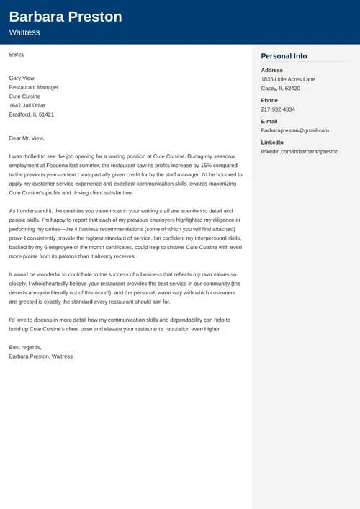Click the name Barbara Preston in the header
66,17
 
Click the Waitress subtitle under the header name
24,32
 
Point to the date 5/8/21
17,55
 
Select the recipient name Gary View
22,78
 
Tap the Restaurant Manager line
34,87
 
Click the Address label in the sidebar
272,70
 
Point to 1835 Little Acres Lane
288,79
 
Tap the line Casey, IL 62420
281,89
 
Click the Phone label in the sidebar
269,100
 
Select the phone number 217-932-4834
278,109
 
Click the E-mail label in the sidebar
269,121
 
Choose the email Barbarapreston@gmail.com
294,130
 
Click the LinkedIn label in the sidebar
272,143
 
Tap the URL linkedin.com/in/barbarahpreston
300,152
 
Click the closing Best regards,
25,347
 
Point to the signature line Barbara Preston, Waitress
41,356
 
